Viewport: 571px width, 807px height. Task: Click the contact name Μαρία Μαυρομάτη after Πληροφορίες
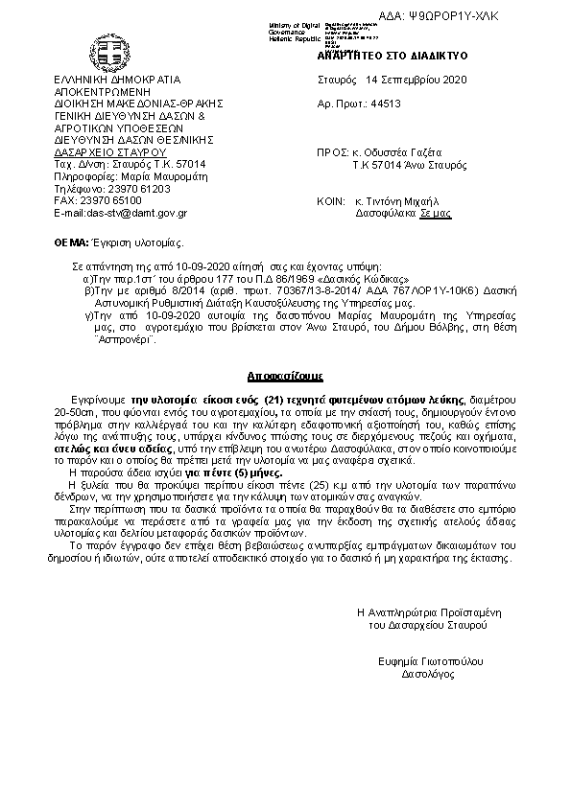154,176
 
